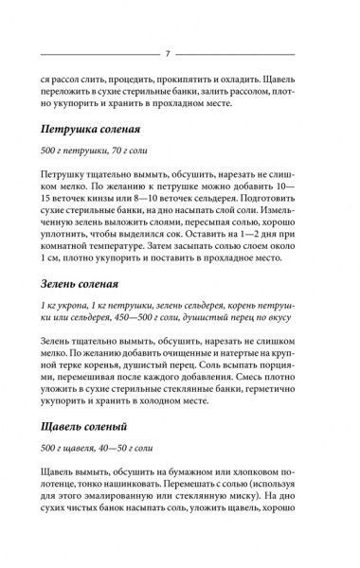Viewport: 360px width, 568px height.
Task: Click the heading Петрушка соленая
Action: click(x=95, y=132)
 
